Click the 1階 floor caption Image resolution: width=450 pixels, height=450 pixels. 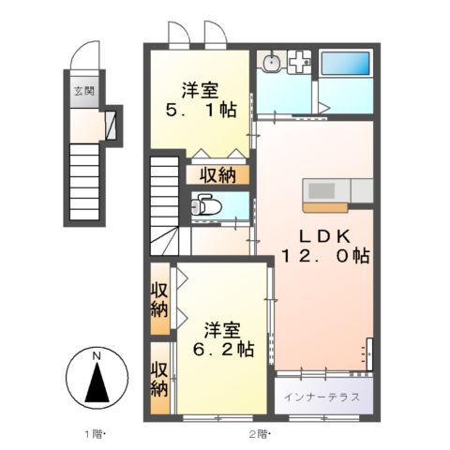pyautogui.click(x=95, y=434)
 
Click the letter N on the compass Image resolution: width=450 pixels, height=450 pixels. pyautogui.click(x=97, y=356)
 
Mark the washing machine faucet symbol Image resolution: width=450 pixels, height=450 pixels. pyautogui.click(x=300, y=63)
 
